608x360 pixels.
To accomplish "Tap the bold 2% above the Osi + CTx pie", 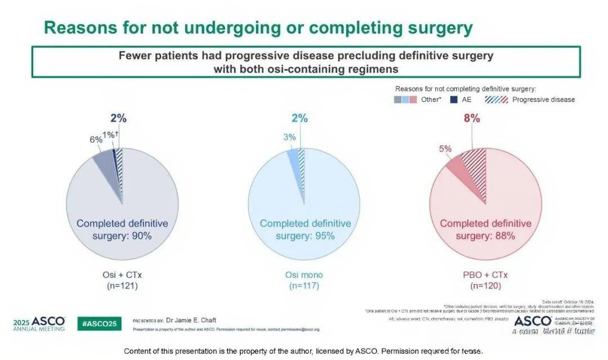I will click(119, 118).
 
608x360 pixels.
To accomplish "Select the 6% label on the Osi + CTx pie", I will click(96, 139).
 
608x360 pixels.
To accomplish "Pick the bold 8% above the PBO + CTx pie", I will click(472, 118).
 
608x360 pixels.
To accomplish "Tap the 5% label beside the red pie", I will click(445, 148).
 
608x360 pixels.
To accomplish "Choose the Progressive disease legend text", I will click(544, 100).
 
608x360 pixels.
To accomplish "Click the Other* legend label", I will click(431, 100).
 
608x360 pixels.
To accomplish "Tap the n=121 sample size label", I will click(122, 286).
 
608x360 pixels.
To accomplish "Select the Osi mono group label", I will click(304, 275).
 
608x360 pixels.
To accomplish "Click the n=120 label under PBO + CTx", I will click(485, 286).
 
